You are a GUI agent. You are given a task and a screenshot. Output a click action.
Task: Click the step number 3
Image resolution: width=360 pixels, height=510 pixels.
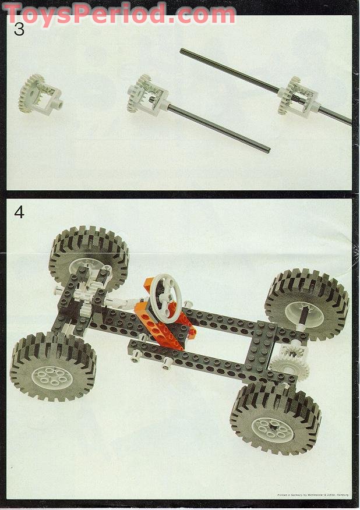point(19,30)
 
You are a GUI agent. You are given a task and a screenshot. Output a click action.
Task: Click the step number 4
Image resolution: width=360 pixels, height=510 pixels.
point(19,212)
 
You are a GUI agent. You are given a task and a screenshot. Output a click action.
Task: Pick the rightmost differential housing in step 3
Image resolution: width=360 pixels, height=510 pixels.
point(302,96)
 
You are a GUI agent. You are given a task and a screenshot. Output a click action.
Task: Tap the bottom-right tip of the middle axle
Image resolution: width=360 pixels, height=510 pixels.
point(268,150)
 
